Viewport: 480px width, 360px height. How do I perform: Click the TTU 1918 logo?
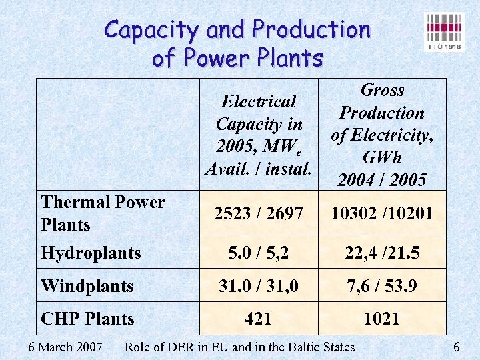coord(445,31)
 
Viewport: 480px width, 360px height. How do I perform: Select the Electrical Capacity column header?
coord(259,135)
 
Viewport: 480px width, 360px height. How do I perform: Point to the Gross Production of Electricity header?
coord(382,135)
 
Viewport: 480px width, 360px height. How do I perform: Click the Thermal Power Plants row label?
coord(103,213)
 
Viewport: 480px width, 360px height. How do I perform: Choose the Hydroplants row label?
coord(91,253)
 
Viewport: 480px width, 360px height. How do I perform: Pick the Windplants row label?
coord(87,286)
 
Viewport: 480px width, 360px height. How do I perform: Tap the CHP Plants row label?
coord(87,319)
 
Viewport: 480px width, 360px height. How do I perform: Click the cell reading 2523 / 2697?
coord(259,213)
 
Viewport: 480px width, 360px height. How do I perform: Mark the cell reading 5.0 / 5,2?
coord(259,253)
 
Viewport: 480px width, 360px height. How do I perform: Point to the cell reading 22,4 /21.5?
coord(382,253)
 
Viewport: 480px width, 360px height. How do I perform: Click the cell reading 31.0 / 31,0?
coord(259,286)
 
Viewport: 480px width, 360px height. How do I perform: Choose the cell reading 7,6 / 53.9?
coord(382,286)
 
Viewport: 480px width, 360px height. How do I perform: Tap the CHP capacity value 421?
coord(259,319)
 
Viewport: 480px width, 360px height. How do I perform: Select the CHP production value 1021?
coord(381,319)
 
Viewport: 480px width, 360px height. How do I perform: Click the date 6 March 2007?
coord(65,347)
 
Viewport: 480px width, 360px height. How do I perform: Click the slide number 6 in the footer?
coord(457,347)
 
